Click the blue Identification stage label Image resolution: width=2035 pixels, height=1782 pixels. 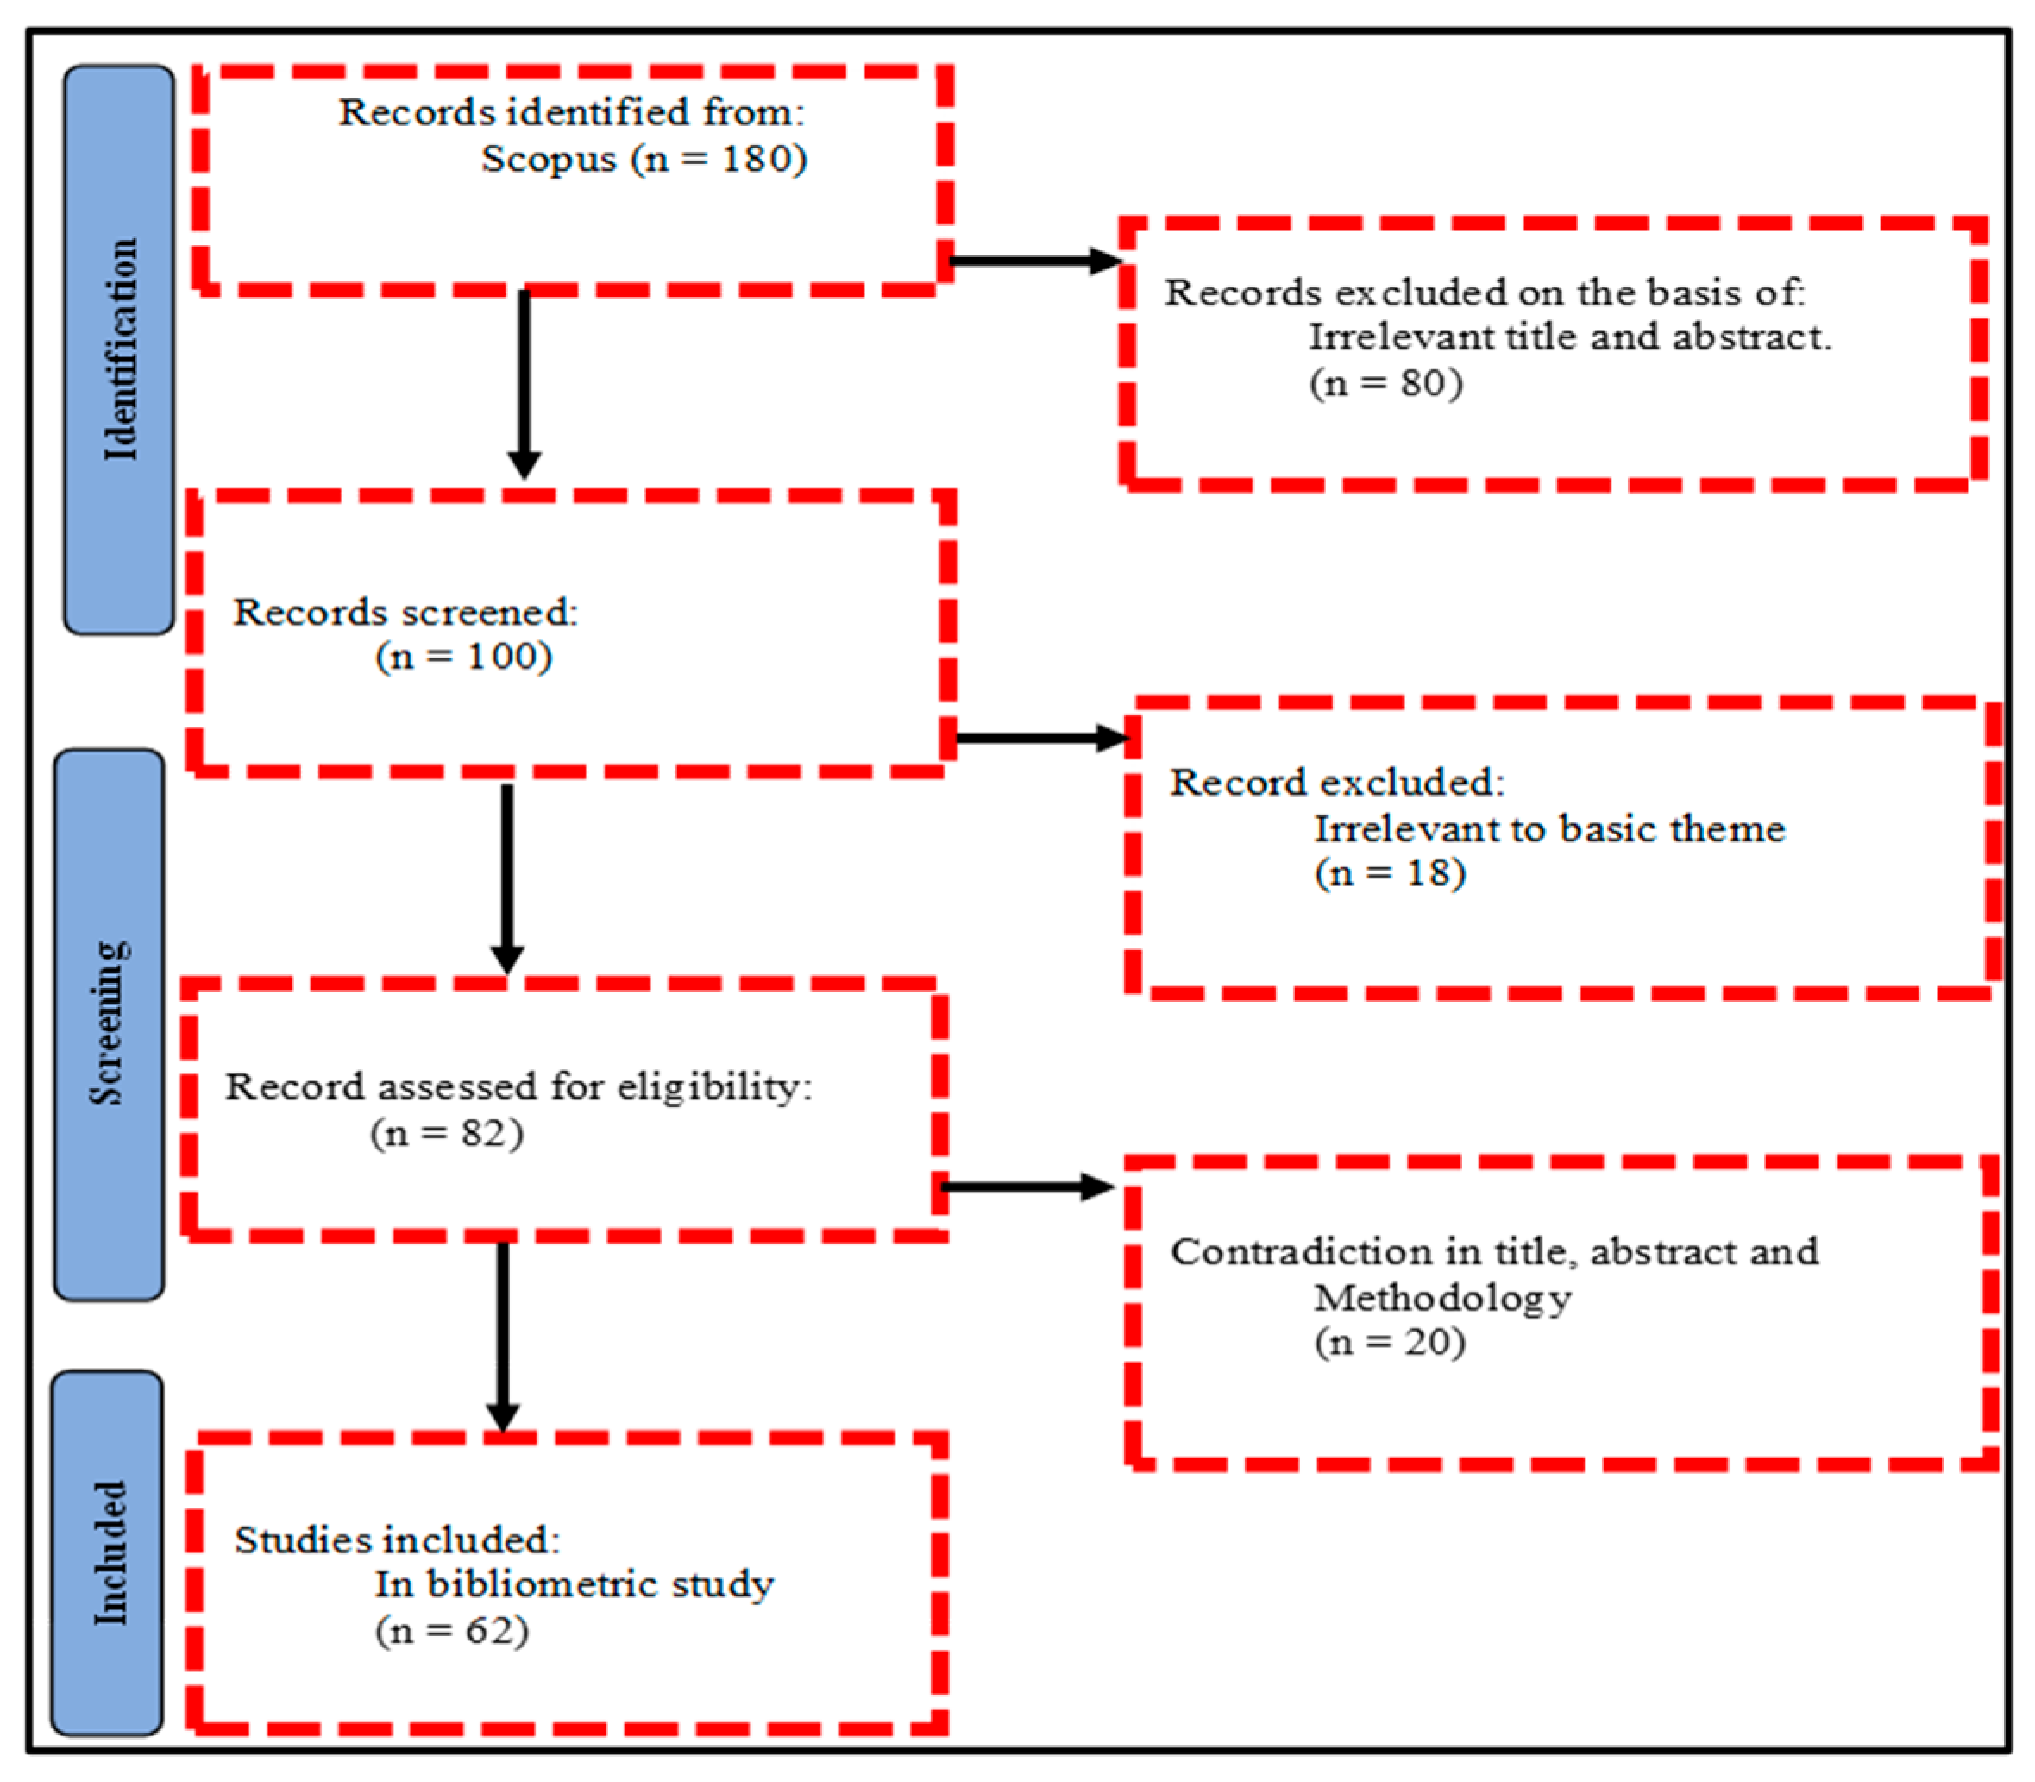point(119,350)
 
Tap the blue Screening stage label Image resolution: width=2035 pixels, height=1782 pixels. point(110,1024)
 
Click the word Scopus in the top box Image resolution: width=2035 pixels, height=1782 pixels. point(549,159)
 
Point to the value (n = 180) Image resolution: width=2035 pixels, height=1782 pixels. point(719,159)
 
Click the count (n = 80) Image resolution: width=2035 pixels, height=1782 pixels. point(1385,383)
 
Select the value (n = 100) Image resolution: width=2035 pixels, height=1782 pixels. point(463,657)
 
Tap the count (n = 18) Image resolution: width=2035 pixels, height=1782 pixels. point(1390,873)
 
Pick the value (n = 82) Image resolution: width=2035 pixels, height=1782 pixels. point(446,1133)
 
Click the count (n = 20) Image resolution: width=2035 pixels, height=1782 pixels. point(1390,1343)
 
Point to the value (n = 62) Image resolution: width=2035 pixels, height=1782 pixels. point(451,1631)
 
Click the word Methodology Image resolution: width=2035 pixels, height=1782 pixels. point(1442,1298)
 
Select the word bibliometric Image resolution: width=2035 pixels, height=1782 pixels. point(541,1584)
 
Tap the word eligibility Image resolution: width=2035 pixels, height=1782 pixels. point(713,1087)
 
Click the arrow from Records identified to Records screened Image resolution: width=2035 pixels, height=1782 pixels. point(524,383)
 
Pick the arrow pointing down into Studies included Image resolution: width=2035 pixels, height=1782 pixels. point(503,1332)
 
